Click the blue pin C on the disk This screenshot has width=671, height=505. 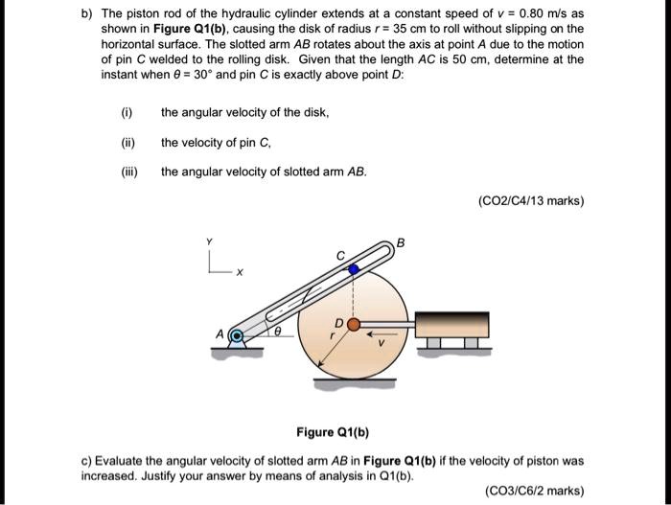coord(353,269)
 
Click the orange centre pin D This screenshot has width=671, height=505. coord(353,326)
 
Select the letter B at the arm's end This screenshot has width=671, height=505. coord(402,242)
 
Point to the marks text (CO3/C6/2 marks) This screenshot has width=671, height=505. coord(535,491)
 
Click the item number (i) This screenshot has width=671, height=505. coord(126,112)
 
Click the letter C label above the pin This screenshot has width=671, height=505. coord(337,256)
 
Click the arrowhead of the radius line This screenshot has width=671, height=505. coord(315,375)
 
